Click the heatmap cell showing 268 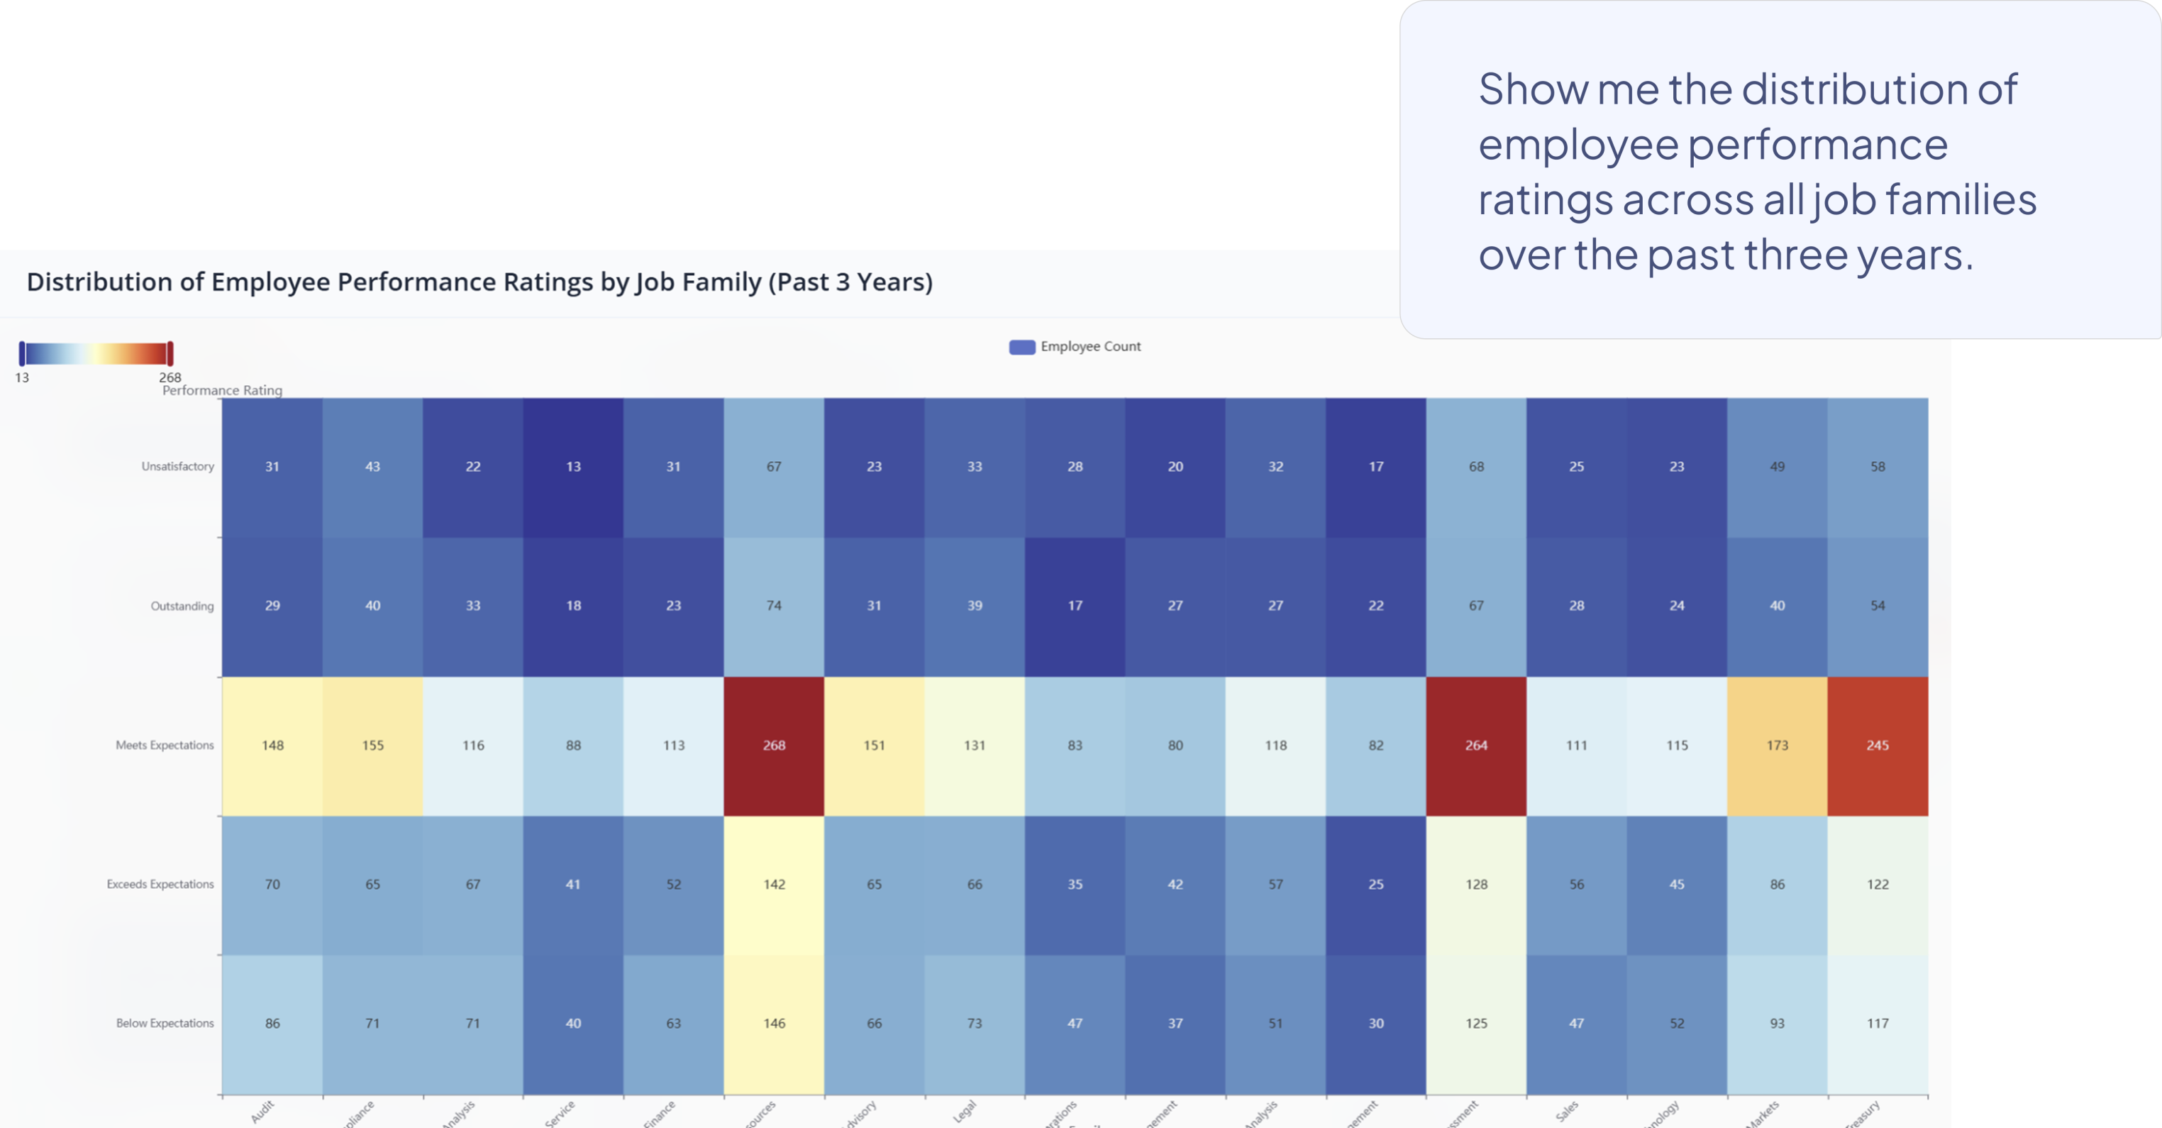pyautogui.click(x=774, y=746)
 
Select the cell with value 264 pyautogui.click(x=1475, y=746)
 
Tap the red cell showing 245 pyautogui.click(x=1878, y=746)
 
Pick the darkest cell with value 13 pyautogui.click(x=573, y=467)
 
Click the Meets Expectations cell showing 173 pyautogui.click(x=1777, y=746)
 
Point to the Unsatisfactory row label pyautogui.click(x=177, y=467)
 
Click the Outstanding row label pyautogui.click(x=182, y=606)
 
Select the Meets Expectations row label pyautogui.click(x=165, y=746)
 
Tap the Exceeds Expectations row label pyautogui.click(x=160, y=885)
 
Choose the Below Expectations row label pyautogui.click(x=165, y=1023)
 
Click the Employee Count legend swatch pyautogui.click(x=1021, y=348)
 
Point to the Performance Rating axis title pyautogui.click(x=223, y=390)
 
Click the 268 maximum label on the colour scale pyautogui.click(x=170, y=377)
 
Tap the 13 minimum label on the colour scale pyautogui.click(x=22, y=377)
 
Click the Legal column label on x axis pyautogui.click(x=965, y=1111)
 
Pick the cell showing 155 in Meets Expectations pyautogui.click(x=372, y=746)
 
